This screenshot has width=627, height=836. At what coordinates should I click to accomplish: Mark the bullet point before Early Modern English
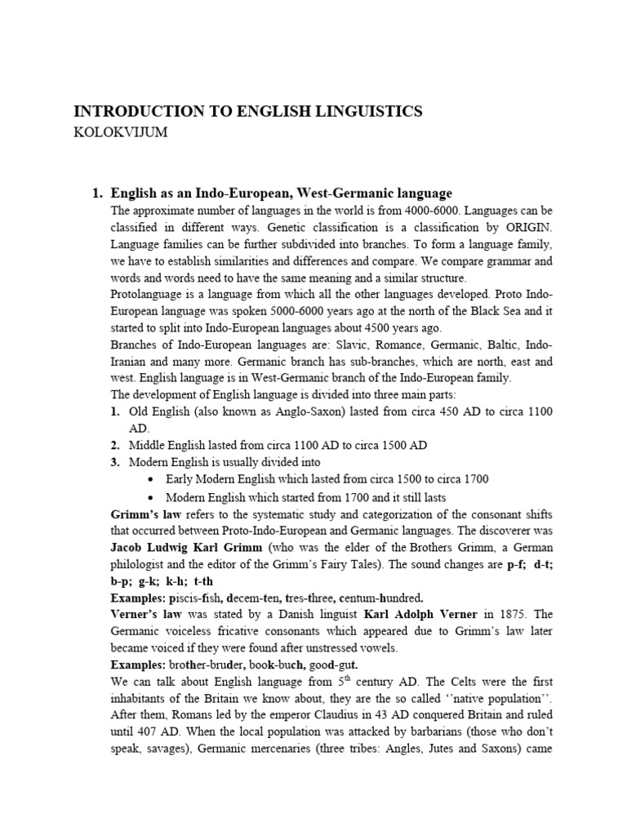153,479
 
